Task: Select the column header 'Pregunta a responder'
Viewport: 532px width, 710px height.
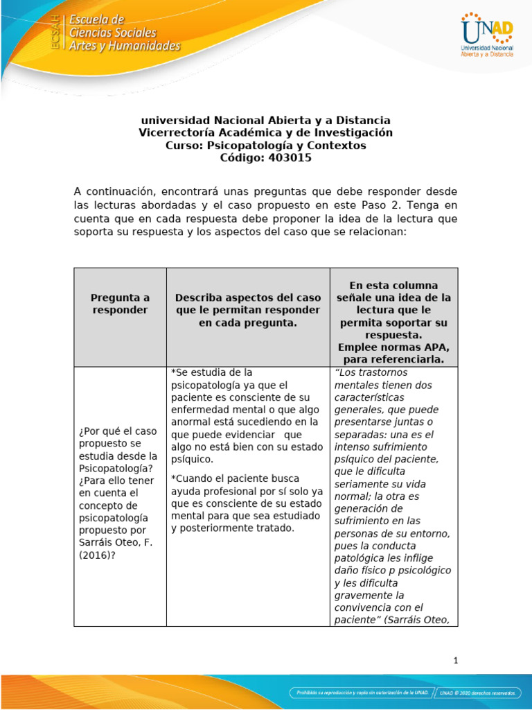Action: [120, 304]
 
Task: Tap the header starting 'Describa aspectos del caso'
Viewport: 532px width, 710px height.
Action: [247, 310]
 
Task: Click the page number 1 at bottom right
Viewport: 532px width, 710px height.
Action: [456, 660]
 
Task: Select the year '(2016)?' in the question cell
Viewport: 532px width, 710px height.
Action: [100, 555]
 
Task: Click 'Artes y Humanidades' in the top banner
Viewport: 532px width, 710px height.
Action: [125, 46]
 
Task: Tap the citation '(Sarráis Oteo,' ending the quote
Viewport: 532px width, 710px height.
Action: [416, 620]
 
